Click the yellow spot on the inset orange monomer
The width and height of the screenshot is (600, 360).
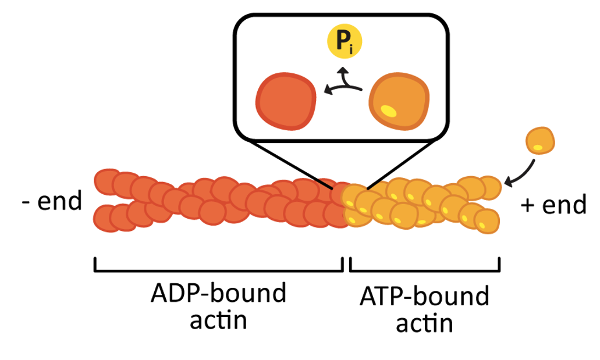[x=387, y=109]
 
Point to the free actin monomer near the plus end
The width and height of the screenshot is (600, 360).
[x=541, y=141]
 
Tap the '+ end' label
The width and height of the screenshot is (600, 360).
[x=553, y=205]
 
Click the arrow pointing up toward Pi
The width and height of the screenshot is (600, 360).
[x=344, y=73]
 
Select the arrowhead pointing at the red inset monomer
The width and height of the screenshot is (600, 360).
[x=327, y=90]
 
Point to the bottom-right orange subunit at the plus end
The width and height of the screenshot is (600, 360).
[x=487, y=220]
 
